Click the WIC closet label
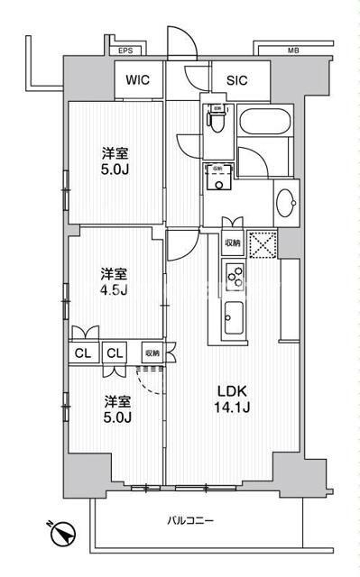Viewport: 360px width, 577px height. (137, 79)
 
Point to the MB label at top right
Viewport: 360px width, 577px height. (292, 51)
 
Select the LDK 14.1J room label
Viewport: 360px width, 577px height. (231, 398)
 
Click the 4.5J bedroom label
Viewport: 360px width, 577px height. (114, 280)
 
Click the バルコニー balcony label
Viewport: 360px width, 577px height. (190, 520)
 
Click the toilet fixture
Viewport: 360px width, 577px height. (217, 117)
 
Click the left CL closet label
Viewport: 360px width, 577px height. (82, 353)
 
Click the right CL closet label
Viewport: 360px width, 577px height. (114, 353)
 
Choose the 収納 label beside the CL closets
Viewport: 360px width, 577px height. (151, 353)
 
